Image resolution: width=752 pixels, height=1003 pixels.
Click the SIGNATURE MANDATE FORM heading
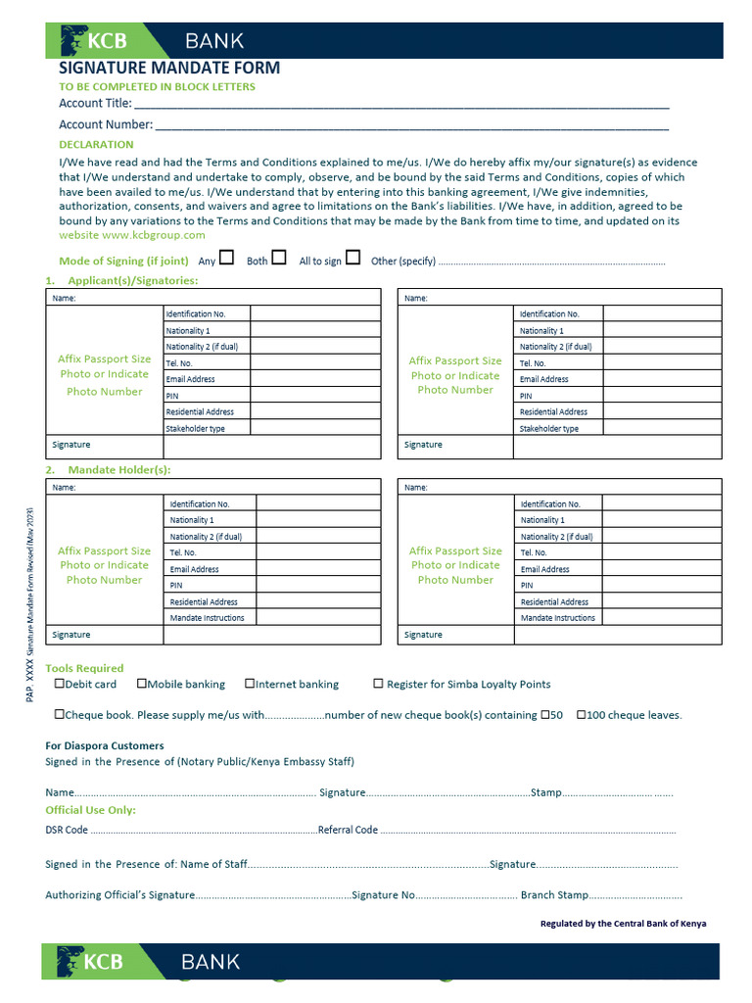tap(169, 68)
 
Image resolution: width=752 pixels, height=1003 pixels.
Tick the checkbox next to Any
tap(227, 259)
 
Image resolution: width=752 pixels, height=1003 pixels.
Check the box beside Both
tap(279, 259)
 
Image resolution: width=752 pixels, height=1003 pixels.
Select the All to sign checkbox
tap(353, 259)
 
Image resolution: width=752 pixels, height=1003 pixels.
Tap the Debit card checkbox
tap(60, 684)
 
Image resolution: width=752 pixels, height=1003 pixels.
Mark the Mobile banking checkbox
tap(142, 684)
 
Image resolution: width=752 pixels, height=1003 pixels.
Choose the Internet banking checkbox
tap(250, 684)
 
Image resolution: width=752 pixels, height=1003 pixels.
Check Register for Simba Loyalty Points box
tap(378, 684)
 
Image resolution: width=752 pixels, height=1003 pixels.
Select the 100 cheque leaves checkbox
tap(582, 715)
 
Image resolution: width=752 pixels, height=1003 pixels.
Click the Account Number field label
tap(106, 124)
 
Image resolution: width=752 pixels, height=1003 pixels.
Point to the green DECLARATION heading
tap(96, 145)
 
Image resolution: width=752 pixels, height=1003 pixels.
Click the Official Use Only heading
tap(91, 810)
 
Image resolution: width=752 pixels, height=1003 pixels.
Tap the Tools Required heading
tap(85, 668)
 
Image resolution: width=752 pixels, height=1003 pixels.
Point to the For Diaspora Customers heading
tap(105, 745)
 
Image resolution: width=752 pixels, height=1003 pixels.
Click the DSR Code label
tap(67, 830)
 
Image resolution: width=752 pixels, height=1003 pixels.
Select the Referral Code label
tap(348, 830)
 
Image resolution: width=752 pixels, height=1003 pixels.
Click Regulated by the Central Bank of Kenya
tap(623, 924)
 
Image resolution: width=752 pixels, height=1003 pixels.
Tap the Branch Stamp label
tap(554, 894)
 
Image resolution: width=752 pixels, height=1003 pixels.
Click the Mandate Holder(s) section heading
tap(118, 470)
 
